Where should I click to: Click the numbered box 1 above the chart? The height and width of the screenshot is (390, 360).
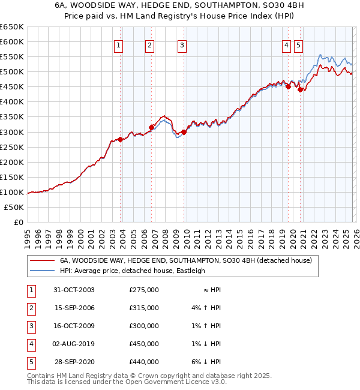(x=118, y=45)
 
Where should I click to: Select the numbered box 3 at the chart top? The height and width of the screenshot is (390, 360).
(x=182, y=45)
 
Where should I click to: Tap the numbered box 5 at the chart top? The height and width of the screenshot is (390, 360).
(x=299, y=45)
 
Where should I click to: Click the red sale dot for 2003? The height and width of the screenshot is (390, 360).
(x=121, y=139)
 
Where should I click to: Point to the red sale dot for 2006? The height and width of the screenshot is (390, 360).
(x=151, y=127)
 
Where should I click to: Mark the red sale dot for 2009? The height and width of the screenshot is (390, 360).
(x=184, y=132)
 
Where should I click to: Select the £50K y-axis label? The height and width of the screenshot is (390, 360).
(x=14, y=207)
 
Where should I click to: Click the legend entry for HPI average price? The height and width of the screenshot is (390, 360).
(x=132, y=271)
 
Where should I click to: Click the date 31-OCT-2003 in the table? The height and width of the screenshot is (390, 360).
(x=74, y=290)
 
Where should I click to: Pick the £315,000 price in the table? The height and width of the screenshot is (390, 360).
(x=144, y=308)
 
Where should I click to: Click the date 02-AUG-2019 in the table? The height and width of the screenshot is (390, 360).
(x=74, y=344)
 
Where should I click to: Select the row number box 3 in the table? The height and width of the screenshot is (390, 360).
(x=30, y=326)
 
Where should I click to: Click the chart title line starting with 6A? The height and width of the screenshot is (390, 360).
(x=180, y=6)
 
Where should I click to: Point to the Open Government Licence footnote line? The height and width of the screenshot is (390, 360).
(x=127, y=382)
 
